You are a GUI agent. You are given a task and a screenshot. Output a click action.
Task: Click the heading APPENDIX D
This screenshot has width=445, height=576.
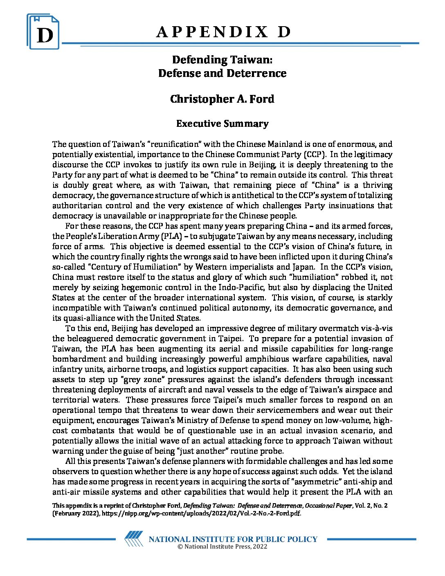coord(223,32)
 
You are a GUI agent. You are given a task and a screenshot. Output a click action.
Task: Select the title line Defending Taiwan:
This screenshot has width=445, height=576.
coord(222,60)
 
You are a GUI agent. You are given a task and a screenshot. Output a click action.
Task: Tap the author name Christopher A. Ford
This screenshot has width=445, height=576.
coord(222,99)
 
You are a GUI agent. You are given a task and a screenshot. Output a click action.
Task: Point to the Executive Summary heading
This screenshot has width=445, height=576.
coord(222,124)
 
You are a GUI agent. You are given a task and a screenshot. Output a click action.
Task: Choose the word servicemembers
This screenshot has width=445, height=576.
coord(296,410)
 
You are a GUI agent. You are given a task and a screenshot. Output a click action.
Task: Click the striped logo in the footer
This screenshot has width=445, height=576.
coord(134,538)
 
